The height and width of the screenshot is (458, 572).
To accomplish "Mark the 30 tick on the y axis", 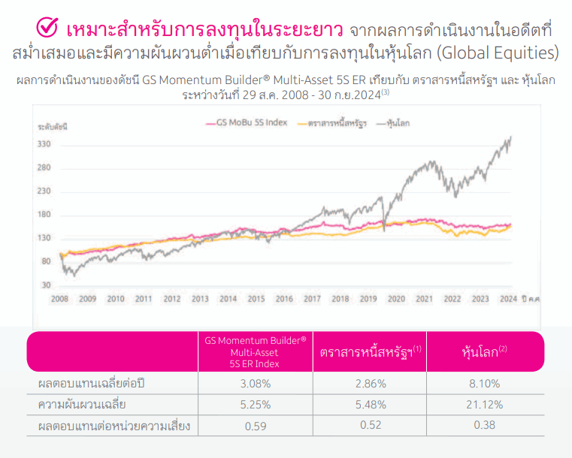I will pos(46,285).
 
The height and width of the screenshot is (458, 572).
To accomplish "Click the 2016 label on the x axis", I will pos(284,299).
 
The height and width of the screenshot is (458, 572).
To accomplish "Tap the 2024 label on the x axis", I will pos(508,299).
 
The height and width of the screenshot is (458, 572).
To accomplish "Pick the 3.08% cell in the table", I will pos(256,384).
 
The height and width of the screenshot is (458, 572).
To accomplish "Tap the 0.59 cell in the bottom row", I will pos(256,426).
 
